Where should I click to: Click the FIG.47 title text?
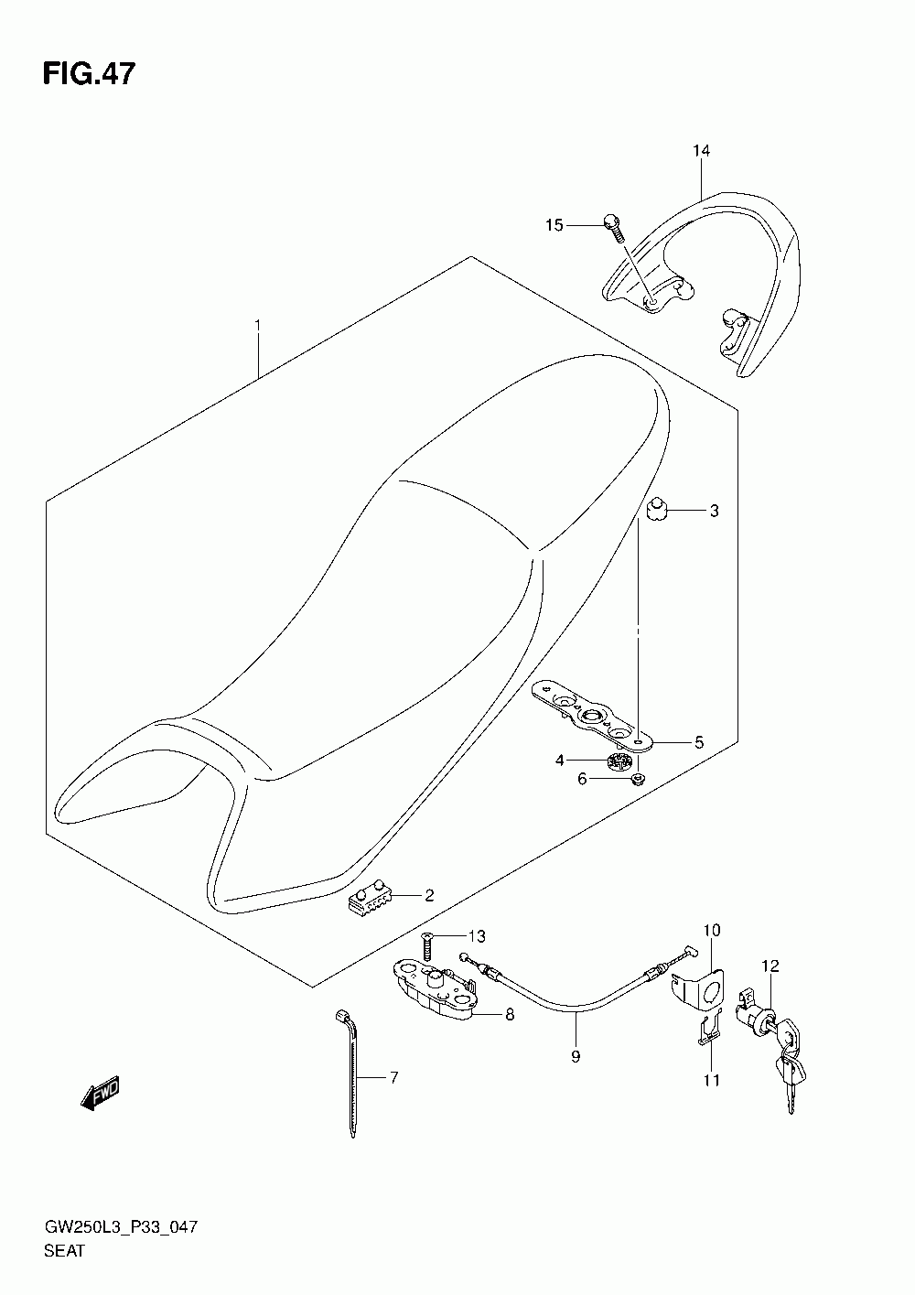pyautogui.click(x=89, y=74)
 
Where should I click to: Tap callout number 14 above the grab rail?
pyautogui.click(x=701, y=151)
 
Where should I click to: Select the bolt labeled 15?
pyautogui.click(x=612, y=225)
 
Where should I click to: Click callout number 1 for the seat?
pyautogui.click(x=259, y=326)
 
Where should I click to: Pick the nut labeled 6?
pyautogui.click(x=640, y=779)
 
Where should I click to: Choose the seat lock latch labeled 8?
pyautogui.click(x=435, y=989)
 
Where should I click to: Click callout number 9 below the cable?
pyautogui.click(x=576, y=1057)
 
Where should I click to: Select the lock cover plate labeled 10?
pyautogui.click(x=705, y=988)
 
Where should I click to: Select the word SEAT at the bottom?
pyautogui.click(x=63, y=1251)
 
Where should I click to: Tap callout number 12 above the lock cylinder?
pyautogui.click(x=769, y=966)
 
